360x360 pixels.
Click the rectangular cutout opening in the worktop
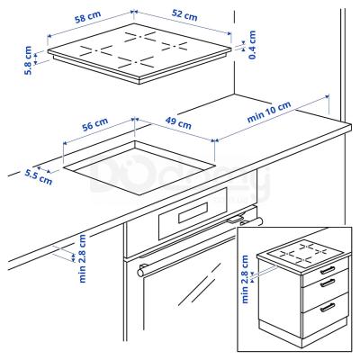[144, 171]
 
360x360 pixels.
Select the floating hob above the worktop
[144, 54]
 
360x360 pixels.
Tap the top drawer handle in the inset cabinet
[328, 269]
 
